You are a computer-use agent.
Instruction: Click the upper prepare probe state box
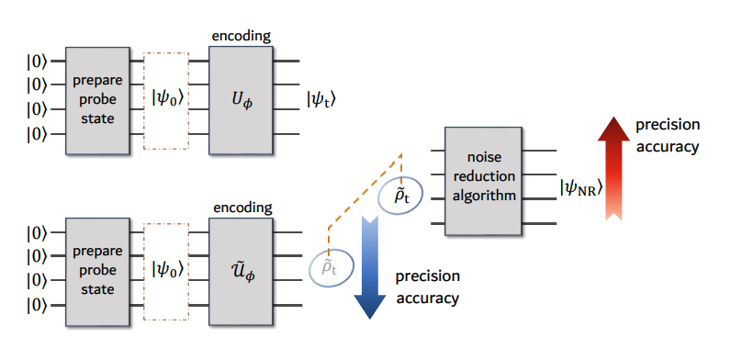tap(97, 97)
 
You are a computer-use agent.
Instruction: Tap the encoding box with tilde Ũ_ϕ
tap(241, 269)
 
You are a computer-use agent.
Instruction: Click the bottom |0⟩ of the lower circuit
tap(38, 304)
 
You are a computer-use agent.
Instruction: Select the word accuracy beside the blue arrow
tap(427, 298)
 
